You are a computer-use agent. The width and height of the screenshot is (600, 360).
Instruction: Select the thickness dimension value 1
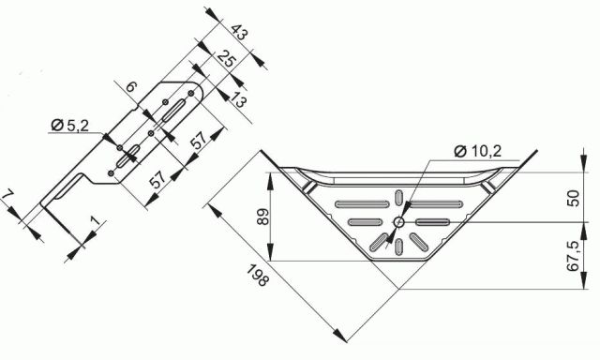[95, 223]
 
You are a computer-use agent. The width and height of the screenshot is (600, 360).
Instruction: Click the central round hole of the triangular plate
[400, 222]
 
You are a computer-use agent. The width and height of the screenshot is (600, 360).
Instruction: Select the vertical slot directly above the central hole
[400, 199]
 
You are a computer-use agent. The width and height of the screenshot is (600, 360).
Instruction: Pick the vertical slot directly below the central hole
[400, 246]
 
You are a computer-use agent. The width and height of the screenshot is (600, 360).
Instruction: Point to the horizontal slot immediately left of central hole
[366, 222]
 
